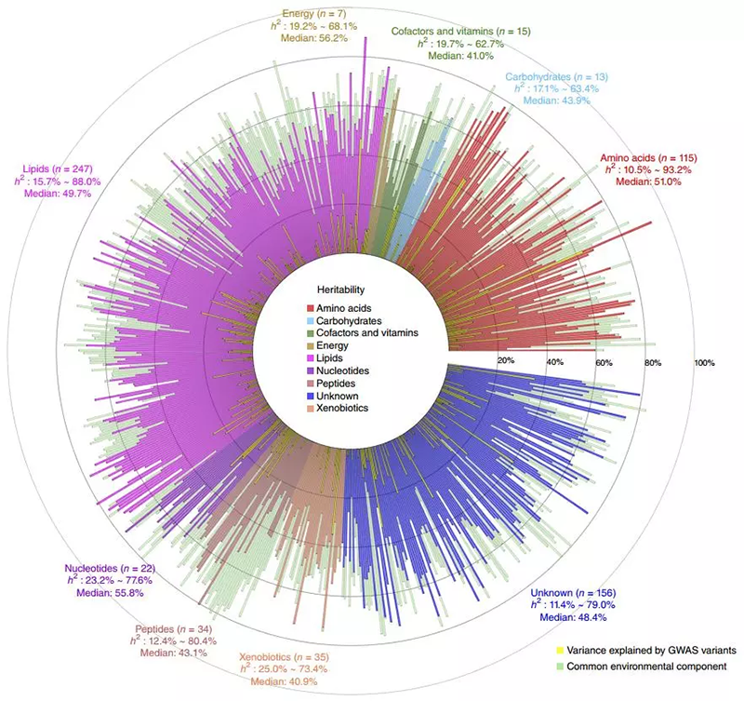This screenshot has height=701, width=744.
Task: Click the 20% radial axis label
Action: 506,360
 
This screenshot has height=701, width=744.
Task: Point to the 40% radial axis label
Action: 555,360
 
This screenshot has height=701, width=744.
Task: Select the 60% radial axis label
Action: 604,360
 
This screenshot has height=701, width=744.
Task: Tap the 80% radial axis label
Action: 653,360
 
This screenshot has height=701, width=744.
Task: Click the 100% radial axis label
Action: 703,360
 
